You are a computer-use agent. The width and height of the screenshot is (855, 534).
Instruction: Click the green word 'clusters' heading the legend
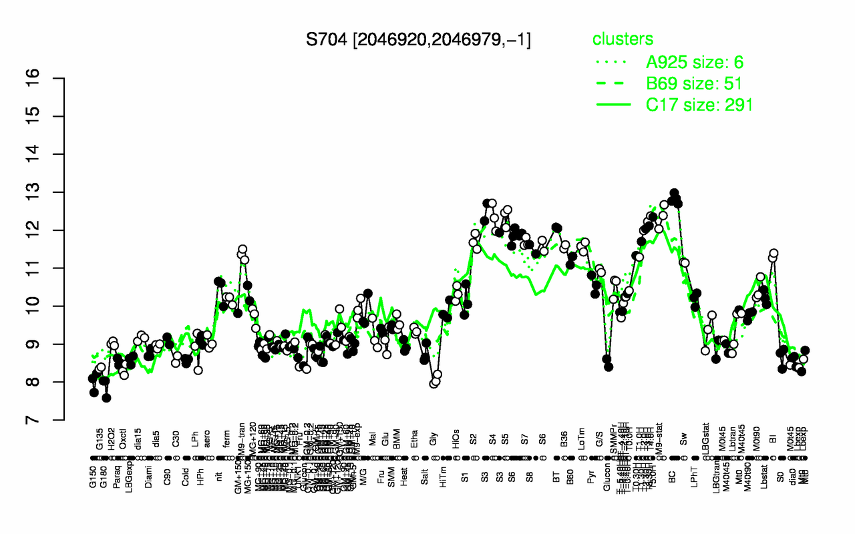click(623, 39)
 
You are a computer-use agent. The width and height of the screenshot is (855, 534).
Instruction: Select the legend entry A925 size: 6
click(695, 63)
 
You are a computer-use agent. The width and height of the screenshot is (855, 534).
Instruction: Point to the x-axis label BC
click(673, 479)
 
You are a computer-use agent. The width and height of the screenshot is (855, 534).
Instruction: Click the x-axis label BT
click(556, 479)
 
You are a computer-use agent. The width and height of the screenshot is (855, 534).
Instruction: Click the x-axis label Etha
click(415, 443)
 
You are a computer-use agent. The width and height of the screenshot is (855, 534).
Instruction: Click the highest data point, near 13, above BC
click(674, 194)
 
